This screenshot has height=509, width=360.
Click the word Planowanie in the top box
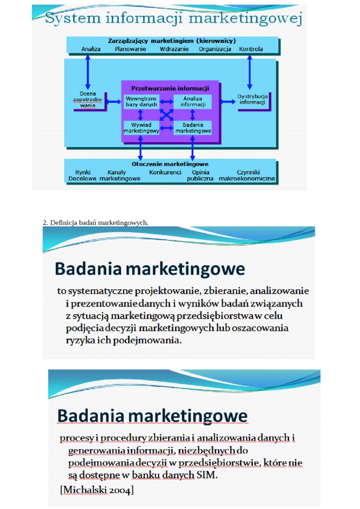[x=130, y=49]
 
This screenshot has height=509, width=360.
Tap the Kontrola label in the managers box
[x=251, y=49]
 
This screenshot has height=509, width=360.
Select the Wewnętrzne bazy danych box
[x=141, y=102]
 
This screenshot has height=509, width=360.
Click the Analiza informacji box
[x=193, y=102]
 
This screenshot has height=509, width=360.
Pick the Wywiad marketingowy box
[x=141, y=128]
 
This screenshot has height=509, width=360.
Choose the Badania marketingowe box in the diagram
[x=193, y=128]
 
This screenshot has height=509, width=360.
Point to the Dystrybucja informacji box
[x=252, y=100]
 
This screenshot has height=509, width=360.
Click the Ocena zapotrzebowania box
[x=88, y=99]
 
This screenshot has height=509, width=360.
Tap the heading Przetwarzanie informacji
[x=170, y=88]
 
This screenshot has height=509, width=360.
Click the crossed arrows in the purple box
[x=167, y=115]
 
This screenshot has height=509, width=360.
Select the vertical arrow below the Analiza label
[x=88, y=72]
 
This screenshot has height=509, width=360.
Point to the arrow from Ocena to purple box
[x=113, y=102]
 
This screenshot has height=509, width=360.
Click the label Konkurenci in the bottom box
[x=165, y=172]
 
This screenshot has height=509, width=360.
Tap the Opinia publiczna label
[x=200, y=175]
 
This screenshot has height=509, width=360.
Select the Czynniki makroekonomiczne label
[x=247, y=175]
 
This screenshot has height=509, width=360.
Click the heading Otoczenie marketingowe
[x=170, y=164]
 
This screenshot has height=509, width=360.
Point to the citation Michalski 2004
[x=97, y=490]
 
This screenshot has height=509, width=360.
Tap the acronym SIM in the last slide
[x=207, y=475]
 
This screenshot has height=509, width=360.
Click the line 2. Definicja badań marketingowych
[x=95, y=223]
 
